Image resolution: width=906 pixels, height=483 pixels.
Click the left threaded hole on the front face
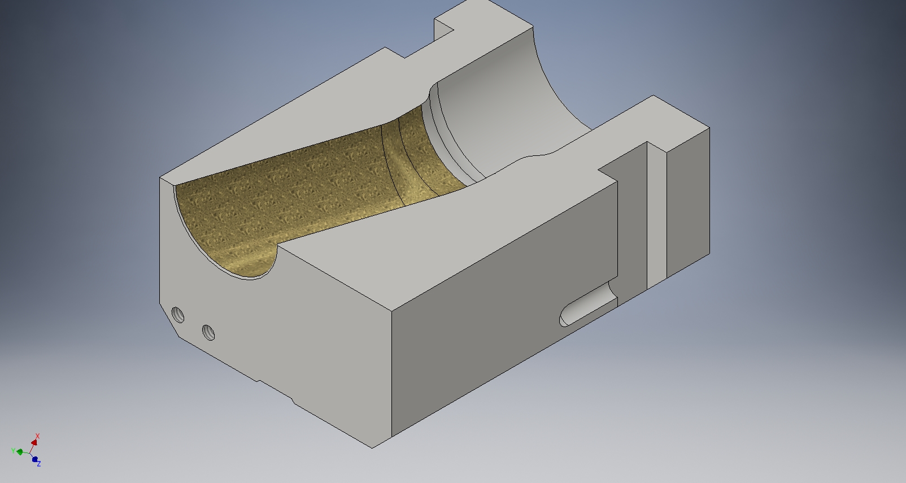pyautogui.click(x=178, y=315)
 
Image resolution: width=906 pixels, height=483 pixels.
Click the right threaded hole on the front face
pyautogui.click(x=208, y=332)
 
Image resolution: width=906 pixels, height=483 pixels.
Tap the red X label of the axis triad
pyautogui.click(x=37, y=436)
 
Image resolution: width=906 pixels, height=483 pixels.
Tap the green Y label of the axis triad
pyautogui.click(x=13, y=450)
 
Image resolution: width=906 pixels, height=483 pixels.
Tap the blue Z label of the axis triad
pyautogui.click(x=39, y=464)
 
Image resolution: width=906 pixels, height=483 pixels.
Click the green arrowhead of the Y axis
pyautogui.click(x=20, y=452)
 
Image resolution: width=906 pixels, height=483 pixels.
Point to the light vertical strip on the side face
pyautogui.click(x=656, y=215)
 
